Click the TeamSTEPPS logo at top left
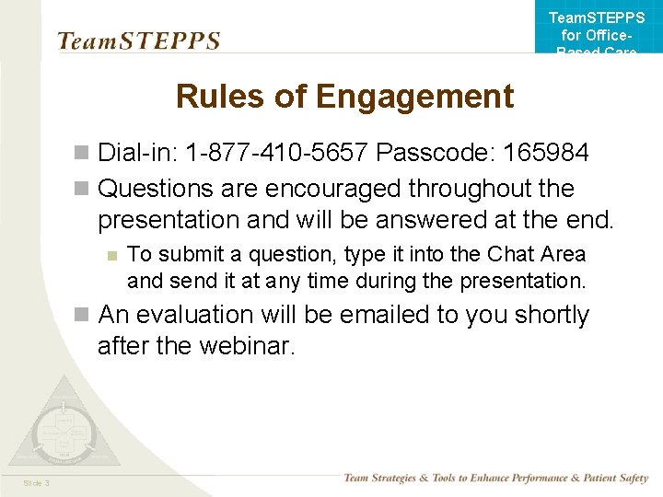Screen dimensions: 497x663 (x=138, y=41)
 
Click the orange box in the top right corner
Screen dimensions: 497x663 (x=598, y=28)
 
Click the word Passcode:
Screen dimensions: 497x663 (x=428, y=151)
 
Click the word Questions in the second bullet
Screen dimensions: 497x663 (x=156, y=189)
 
